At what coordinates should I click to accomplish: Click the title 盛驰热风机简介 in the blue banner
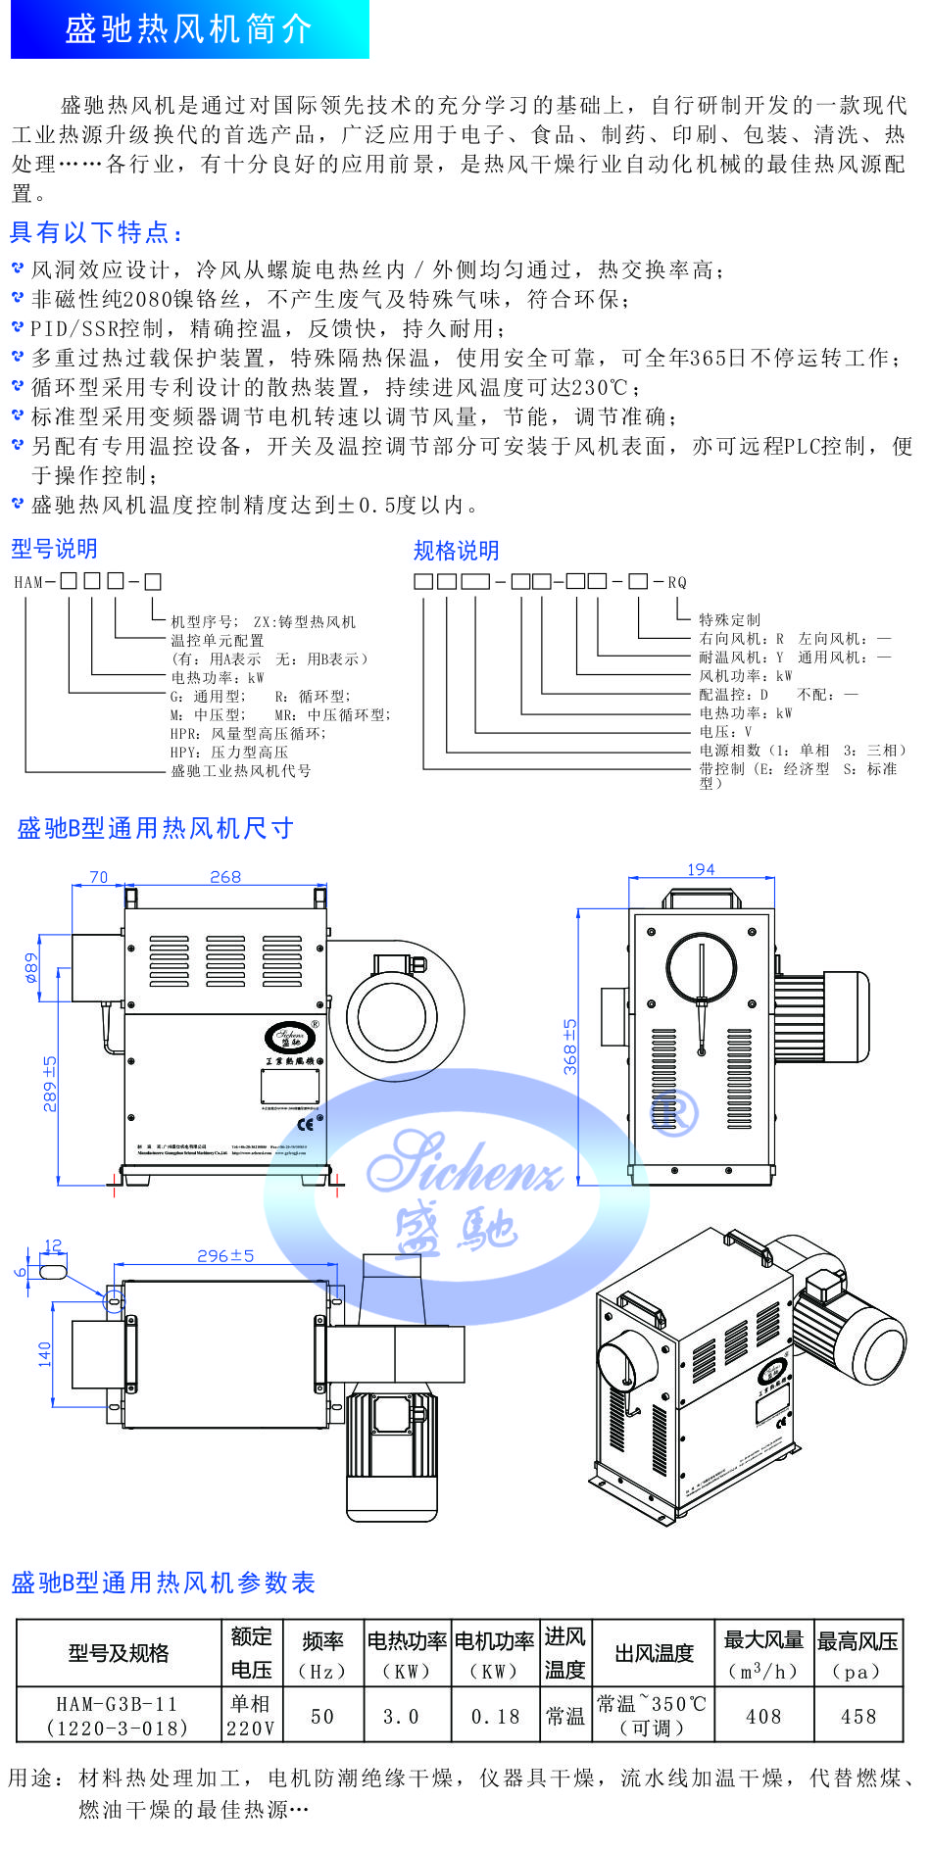pos(188,29)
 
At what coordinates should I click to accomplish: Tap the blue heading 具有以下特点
pos(96,232)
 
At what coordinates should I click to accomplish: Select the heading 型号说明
pos(54,548)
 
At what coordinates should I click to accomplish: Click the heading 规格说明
pos(456,551)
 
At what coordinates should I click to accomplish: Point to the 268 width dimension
pos(224,877)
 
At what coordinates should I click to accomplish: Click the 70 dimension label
pos(98,877)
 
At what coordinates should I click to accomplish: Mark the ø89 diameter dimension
pos(31,967)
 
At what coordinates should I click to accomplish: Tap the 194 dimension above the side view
pos(701,869)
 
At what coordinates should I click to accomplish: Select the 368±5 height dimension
pos(570,1047)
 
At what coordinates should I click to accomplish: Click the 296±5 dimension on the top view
pos(225,1255)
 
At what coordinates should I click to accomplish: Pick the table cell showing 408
pos(762,1716)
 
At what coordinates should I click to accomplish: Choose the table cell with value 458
pos(857,1716)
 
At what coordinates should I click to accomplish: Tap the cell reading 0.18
pos(495,1716)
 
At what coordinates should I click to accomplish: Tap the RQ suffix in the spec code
pos(677,582)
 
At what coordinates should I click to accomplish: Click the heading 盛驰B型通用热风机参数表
pos(164,1583)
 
